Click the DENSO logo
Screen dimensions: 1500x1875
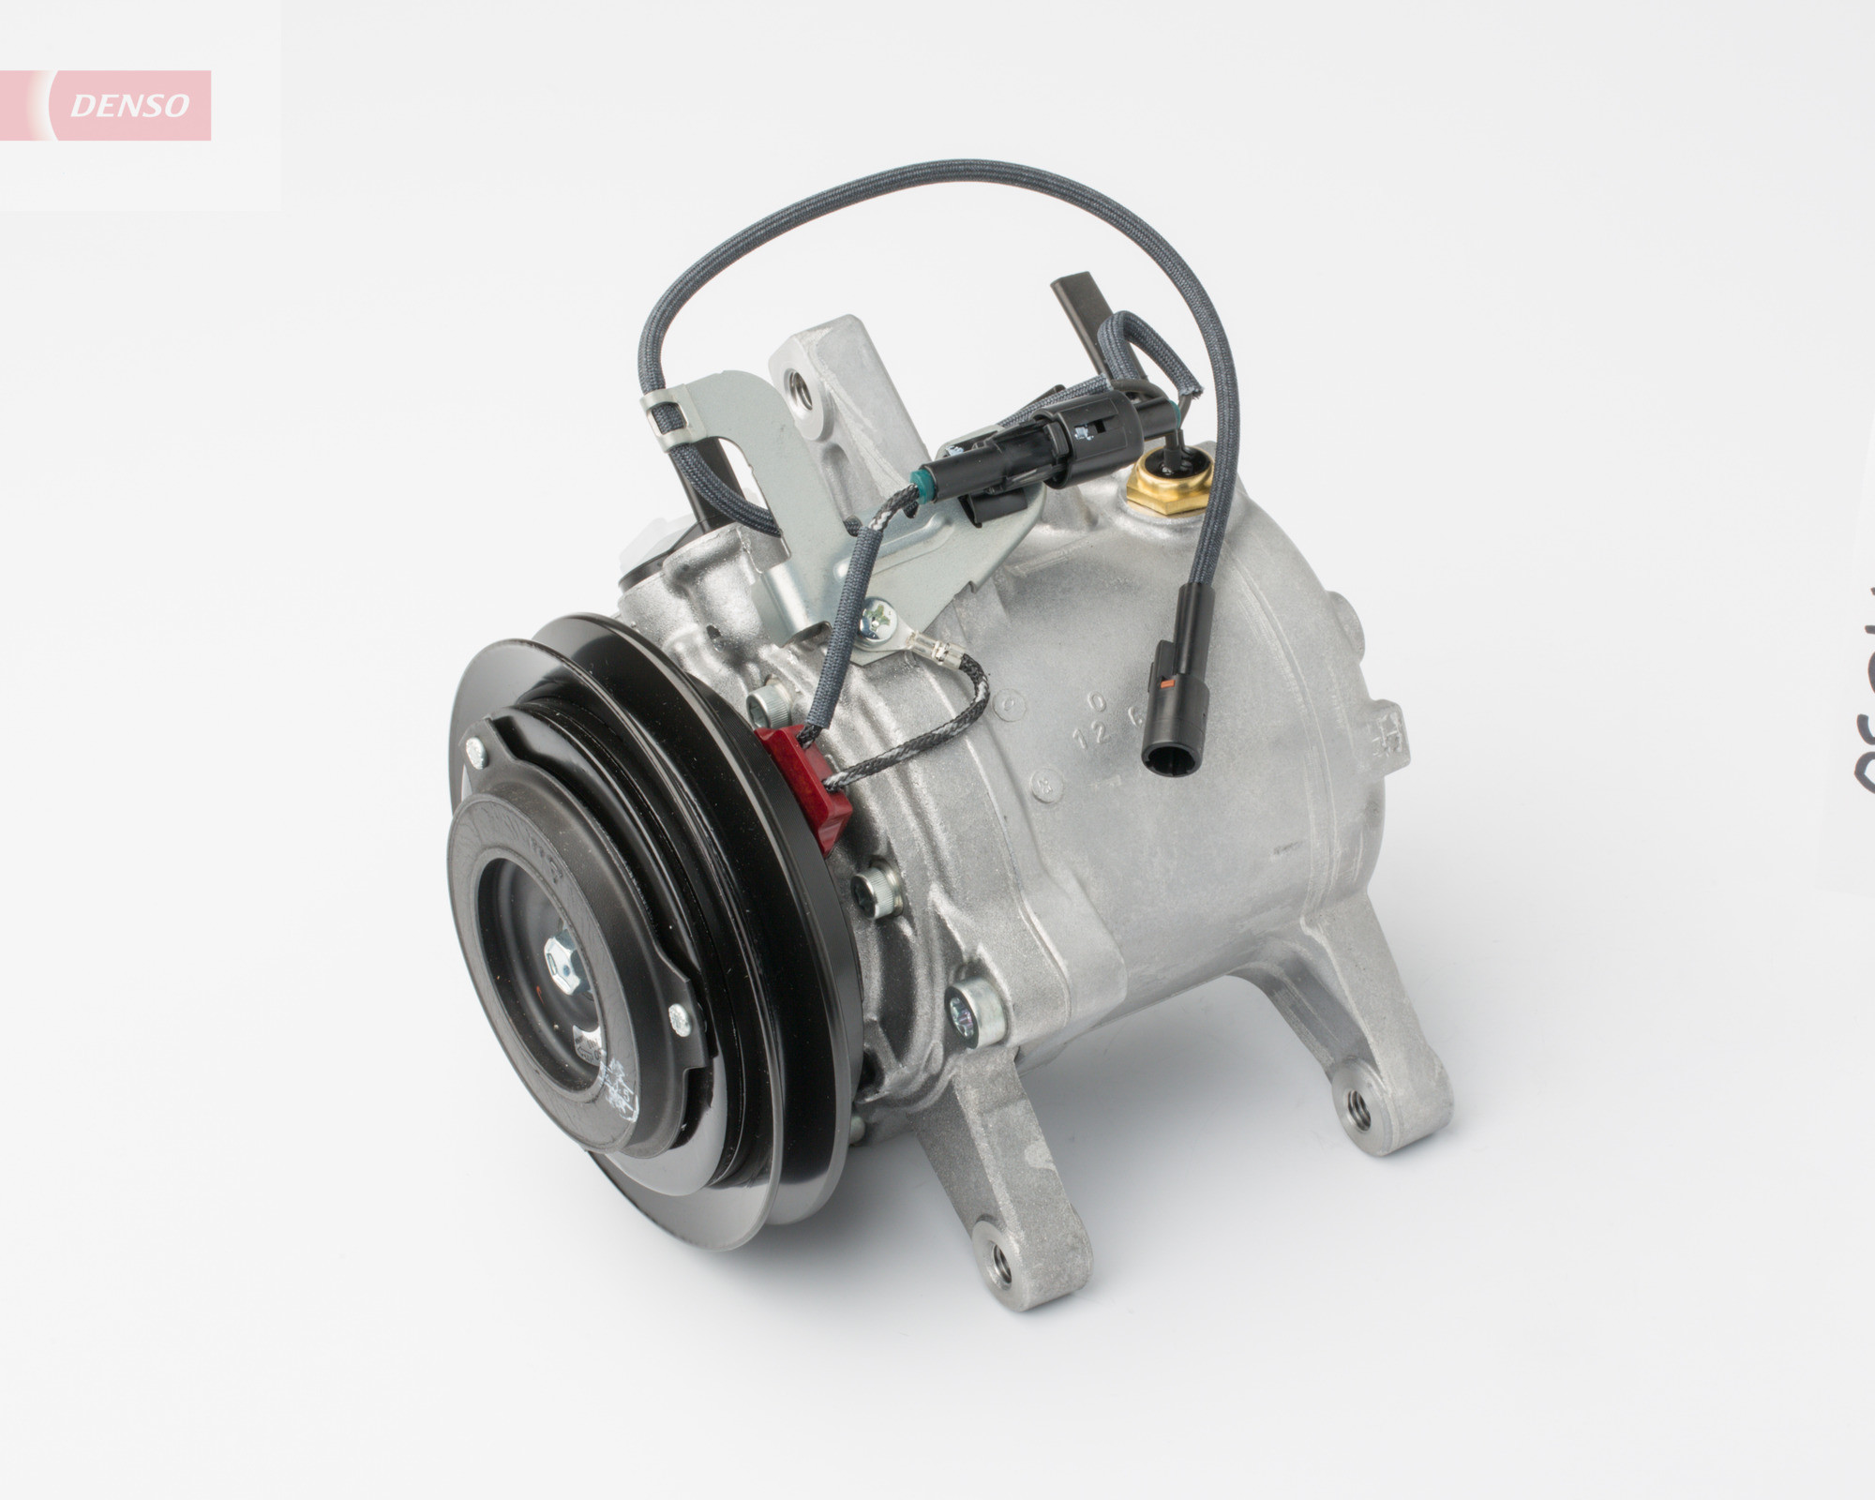coord(129,106)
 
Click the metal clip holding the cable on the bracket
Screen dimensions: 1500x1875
coord(667,412)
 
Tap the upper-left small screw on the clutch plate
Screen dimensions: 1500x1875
coord(477,748)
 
